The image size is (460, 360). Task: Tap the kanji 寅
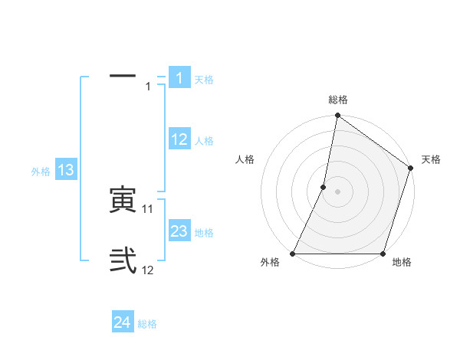[x=123, y=200]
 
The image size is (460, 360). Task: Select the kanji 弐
[x=123, y=261]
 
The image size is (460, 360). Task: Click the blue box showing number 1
[x=179, y=78]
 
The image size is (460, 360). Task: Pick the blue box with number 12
[x=179, y=139]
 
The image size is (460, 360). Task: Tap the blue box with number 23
[x=179, y=231]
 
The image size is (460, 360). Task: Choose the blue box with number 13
[x=66, y=170]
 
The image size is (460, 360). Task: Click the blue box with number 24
[x=123, y=322]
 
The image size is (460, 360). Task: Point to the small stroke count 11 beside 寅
[x=148, y=208]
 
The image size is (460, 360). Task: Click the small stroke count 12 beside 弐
[x=148, y=270]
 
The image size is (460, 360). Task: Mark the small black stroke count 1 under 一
[x=148, y=87]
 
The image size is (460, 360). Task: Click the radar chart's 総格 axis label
[x=338, y=100]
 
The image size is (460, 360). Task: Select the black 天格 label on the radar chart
[x=431, y=159]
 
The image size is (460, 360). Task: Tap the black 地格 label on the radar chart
[x=402, y=263]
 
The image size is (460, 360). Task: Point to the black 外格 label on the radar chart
[x=270, y=263]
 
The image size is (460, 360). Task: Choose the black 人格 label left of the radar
[x=245, y=159]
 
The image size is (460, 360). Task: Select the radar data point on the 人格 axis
[x=324, y=187]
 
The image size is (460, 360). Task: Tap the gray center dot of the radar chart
[x=337, y=191]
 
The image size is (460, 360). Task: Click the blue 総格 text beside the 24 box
[x=147, y=324]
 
